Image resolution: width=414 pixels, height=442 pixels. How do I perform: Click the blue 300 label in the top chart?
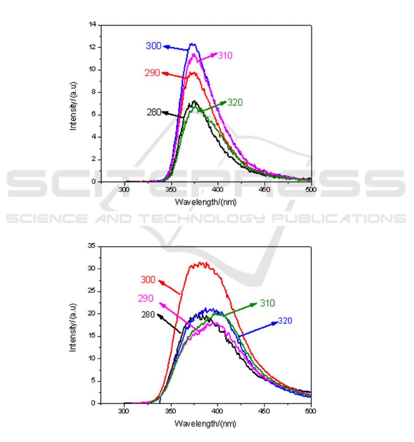153,46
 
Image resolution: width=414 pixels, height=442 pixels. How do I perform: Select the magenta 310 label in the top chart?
225,56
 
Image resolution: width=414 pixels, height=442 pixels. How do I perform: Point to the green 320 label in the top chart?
235,102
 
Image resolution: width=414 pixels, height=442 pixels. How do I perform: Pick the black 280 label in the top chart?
153,112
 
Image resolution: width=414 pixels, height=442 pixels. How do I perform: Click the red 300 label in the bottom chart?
148,280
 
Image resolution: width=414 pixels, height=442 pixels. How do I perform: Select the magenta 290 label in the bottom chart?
146,299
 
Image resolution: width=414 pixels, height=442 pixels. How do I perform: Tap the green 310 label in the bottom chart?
267,303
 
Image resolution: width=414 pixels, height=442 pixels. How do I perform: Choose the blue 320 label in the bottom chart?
285,321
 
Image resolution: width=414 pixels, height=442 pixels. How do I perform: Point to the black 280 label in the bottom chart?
148,315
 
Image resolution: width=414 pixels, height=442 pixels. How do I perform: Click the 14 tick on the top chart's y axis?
92,25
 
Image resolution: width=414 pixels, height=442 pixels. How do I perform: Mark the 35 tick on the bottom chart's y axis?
92,246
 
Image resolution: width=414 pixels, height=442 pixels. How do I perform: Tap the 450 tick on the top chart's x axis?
264,189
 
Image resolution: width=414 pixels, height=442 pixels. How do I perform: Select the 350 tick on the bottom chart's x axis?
171,410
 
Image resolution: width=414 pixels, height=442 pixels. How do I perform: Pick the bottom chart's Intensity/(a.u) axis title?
73,324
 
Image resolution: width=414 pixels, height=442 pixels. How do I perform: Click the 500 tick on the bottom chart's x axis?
311,410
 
